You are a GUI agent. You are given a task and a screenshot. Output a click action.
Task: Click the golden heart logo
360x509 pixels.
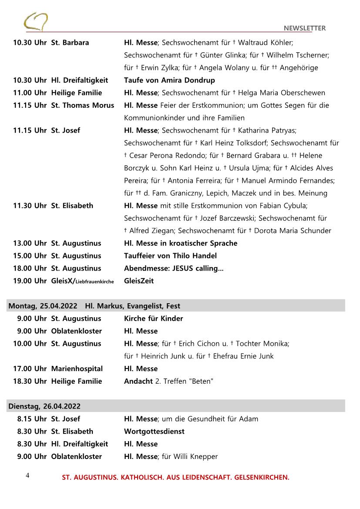(36, 21)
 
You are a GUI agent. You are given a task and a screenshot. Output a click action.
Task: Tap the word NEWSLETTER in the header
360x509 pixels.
(304, 28)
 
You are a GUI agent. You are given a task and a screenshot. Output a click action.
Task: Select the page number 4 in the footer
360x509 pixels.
(27, 476)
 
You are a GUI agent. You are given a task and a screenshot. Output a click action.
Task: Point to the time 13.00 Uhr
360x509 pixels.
(30, 243)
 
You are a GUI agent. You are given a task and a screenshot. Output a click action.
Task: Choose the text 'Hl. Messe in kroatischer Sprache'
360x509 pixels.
(181, 243)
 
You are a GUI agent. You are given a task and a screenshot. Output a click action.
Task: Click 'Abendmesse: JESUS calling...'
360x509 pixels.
(174, 268)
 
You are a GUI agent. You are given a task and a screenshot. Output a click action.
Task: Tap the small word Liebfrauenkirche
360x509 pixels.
(95, 282)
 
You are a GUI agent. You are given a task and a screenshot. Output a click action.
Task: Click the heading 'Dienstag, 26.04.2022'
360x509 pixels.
(44, 406)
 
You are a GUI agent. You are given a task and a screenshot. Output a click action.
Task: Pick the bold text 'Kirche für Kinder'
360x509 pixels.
(153, 318)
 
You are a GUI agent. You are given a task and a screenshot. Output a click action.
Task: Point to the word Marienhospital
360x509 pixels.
(77, 369)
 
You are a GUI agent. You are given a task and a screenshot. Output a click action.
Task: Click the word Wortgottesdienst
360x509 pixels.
(154, 432)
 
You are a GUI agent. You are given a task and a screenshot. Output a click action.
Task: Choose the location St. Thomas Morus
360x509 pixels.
(83, 105)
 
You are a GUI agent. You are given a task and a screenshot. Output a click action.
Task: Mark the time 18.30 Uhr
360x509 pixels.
(30, 382)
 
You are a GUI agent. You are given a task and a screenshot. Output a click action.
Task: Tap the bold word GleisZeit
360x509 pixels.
(139, 281)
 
